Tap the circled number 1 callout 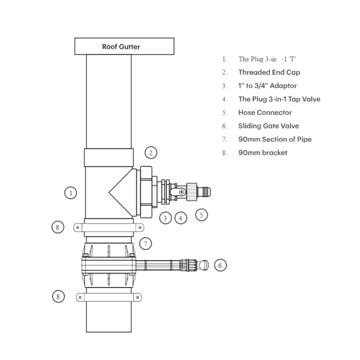(71, 193)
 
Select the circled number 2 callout (151, 153)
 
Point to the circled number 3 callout (166, 218)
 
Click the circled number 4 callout (180, 218)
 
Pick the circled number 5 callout (202, 215)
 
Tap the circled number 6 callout (220, 265)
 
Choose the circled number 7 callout (145, 244)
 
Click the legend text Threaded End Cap (269, 72)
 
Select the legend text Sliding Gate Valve (269, 126)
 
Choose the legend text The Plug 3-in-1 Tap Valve (279, 99)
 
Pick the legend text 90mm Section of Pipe (274, 139)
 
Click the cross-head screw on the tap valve (181, 193)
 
